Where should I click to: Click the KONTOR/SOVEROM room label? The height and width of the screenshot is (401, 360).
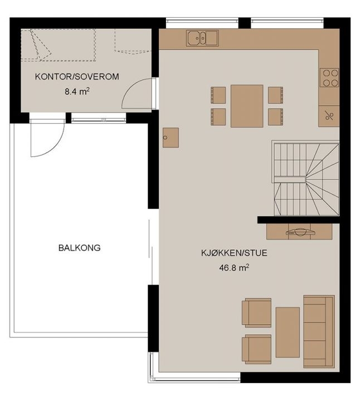pos(77,76)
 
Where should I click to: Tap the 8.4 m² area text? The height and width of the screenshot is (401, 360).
pos(77,91)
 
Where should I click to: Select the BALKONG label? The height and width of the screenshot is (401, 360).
pos(80,248)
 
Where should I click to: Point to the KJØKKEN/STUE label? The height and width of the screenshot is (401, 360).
pos(234,253)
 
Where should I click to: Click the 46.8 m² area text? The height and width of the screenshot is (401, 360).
pos(234,268)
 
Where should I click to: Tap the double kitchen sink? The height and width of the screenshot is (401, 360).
pos(202,38)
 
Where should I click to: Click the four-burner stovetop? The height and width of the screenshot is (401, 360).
pos(329,78)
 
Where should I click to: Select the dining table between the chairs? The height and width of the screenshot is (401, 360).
pos(247,106)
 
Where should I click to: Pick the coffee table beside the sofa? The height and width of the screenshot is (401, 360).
pos(288,332)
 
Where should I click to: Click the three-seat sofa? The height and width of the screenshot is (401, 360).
pos(319,332)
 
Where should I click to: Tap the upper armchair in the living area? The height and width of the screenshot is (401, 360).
pos(257,313)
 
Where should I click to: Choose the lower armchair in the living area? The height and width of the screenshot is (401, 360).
pos(257,349)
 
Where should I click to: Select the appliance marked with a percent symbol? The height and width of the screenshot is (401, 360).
pos(329,116)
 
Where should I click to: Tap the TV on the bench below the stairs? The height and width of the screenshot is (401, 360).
pos(300,232)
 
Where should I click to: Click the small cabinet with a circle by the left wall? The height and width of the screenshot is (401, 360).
pos(171,138)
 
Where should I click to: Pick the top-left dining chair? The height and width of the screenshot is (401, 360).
pos(218,95)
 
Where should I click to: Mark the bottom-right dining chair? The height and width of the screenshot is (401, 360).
pos(275,117)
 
